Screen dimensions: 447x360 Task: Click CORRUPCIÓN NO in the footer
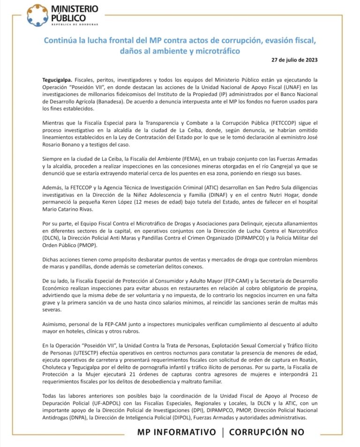coord(266,432)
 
